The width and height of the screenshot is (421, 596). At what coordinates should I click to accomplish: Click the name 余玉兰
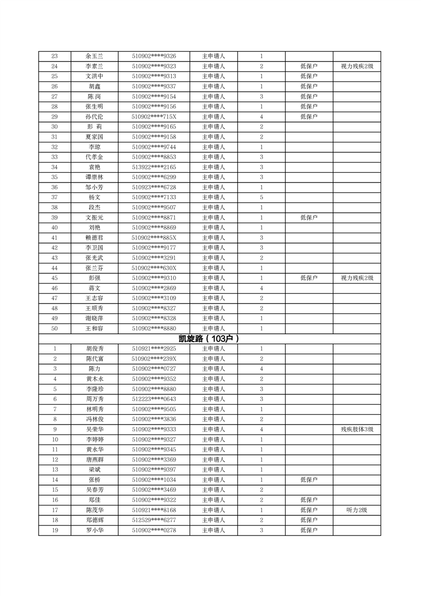click(94, 56)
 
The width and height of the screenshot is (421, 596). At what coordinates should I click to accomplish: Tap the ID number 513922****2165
click(154, 167)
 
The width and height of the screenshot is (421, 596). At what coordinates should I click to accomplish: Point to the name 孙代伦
click(94, 117)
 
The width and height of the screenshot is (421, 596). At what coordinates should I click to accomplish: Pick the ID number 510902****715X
click(154, 117)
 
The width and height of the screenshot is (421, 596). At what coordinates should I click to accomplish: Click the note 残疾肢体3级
click(357, 429)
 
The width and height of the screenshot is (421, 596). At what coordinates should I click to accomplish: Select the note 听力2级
click(357, 510)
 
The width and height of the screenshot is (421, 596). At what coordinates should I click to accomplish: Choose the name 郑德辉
click(94, 520)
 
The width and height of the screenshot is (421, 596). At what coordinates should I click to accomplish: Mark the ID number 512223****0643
click(154, 399)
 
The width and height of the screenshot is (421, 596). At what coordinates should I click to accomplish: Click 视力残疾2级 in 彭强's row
click(357, 278)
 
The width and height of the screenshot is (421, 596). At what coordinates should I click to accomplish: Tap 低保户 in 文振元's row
click(309, 217)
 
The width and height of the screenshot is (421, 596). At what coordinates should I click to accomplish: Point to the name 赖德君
click(94, 237)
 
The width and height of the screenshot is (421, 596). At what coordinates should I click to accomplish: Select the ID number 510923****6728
click(154, 188)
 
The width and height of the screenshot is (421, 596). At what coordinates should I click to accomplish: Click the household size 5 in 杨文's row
click(262, 197)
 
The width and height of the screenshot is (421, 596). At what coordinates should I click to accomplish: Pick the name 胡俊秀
click(94, 349)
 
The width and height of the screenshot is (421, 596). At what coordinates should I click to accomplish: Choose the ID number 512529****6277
click(154, 520)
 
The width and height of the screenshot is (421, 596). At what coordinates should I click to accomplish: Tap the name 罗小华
click(94, 530)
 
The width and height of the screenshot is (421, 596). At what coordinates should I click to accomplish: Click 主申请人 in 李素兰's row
click(214, 66)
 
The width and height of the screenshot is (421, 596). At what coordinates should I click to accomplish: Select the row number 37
click(55, 197)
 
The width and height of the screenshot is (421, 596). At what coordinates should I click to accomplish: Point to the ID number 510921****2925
click(154, 349)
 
